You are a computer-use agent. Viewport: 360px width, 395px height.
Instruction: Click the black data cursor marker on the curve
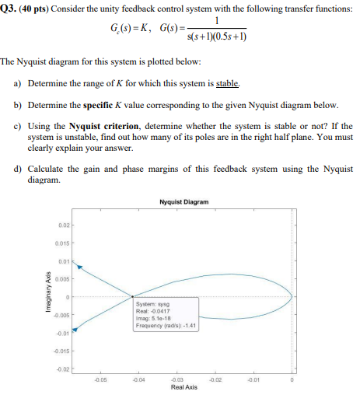pyautogui.click(x=132, y=295)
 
